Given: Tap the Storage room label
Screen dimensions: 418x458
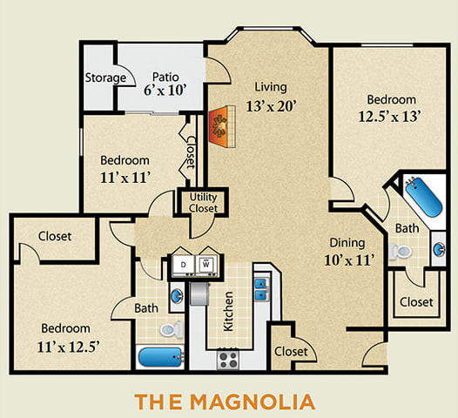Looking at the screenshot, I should click(x=105, y=78).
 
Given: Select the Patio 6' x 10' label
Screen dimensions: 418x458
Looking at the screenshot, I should click(x=165, y=83).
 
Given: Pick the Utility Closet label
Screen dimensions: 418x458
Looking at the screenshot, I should click(x=204, y=203).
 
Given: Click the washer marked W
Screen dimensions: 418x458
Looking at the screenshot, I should click(x=208, y=264).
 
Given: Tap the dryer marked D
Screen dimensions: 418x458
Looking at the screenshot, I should click(x=184, y=264).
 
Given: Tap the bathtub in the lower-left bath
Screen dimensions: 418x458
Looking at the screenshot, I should click(x=159, y=357).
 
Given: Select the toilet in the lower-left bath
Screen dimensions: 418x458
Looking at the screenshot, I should click(x=172, y=329).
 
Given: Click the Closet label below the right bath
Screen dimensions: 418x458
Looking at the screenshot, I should click(x=416, y=302).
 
